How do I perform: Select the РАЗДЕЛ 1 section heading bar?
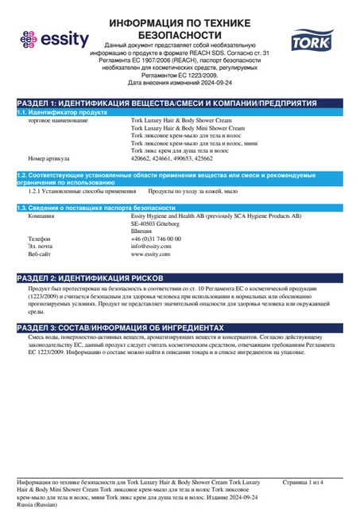180,103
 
